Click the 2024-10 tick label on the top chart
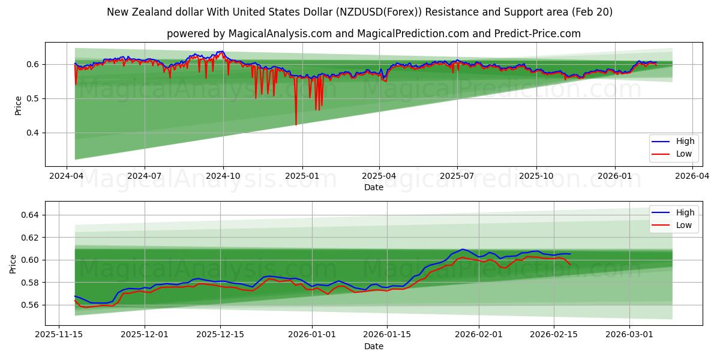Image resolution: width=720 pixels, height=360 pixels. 223,176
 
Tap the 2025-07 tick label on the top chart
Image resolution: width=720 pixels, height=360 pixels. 457,176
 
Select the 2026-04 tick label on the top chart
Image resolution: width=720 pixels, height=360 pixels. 692,176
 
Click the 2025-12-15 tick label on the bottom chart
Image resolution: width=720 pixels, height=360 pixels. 220,335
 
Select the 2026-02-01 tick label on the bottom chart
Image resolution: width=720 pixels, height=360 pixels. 479,335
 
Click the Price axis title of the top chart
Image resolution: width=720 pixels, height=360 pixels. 18,105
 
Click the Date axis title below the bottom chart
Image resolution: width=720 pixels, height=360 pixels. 373,346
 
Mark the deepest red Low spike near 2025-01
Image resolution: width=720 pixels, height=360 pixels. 296,124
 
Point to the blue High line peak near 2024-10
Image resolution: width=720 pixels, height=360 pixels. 221,52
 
